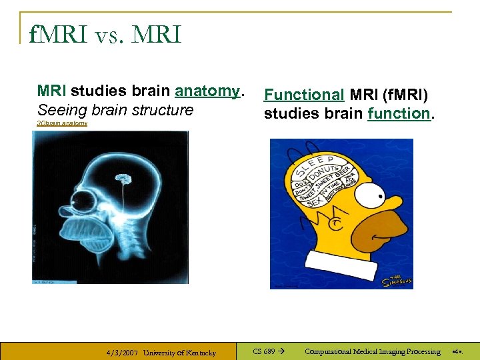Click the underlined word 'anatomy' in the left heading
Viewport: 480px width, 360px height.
pyautogui.click(x=207, y=91)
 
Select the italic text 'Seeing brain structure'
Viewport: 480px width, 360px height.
pyautogui.click(x=115, y=110)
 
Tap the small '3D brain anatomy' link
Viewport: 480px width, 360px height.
pyautogui.click(x=62, y=123)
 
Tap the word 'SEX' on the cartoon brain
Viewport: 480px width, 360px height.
pyautogui.click(x=315, y=200)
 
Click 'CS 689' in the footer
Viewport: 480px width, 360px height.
pyautogui.click(x=265, y=351)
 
